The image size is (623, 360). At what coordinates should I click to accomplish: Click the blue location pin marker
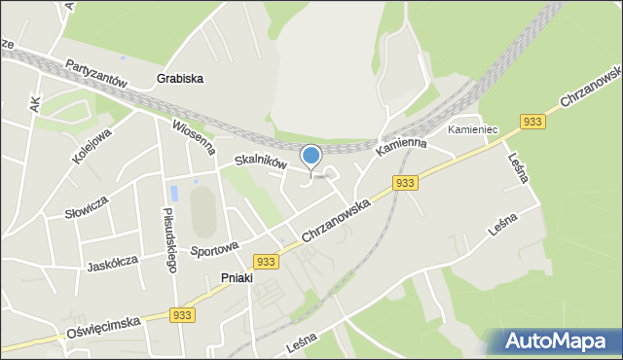coord(311,157)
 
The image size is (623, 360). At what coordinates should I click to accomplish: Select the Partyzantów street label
coord(97,74)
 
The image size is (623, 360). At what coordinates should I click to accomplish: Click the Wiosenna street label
coord(193,137)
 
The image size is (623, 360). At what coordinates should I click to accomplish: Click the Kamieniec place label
coord(472,129)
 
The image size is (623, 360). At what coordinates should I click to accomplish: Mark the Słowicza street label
coord(87,206)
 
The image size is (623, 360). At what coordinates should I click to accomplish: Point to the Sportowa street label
coord(215,250)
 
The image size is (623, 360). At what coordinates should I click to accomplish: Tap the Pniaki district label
coord(236,277)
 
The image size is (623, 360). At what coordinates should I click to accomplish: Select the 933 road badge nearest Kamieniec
coord(531,122)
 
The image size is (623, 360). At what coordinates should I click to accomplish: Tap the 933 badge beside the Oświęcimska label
coord(182,315)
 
